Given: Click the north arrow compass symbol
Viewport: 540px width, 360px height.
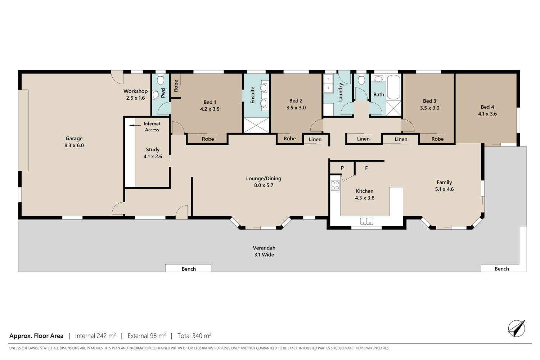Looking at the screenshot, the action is pos(517,328).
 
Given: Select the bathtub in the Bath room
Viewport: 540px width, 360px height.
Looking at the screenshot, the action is pos(393,87).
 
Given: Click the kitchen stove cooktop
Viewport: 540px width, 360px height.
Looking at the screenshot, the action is pos(335,185).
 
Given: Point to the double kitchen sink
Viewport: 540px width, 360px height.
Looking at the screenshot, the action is pos(367,221).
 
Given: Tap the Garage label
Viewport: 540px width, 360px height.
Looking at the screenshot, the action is pos(74,138).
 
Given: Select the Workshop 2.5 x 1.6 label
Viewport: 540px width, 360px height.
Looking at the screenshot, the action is pos(135,95).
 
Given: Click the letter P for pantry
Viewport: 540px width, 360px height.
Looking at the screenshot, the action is pos(342,168).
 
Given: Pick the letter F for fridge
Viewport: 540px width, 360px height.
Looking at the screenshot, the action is pos(366,168).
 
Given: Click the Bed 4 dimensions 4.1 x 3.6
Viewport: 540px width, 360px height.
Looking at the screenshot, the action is pos(487,114).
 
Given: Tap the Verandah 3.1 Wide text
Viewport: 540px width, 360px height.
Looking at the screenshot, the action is pos(264,251).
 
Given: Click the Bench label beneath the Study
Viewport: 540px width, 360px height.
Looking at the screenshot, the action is pos(189,269).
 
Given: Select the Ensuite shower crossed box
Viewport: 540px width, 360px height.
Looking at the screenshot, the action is pos(256,125).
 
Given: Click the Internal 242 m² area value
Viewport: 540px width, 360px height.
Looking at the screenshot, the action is pos(95,336).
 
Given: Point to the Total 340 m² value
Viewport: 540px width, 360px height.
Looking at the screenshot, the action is pos(194,336).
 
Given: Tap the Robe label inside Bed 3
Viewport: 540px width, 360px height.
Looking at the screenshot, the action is pos(437,139).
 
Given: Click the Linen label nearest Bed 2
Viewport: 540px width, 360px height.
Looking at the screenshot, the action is pos(315,139).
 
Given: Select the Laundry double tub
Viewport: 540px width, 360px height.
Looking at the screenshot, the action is pos(328,84).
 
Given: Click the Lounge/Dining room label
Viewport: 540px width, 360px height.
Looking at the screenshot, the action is pos(264,179).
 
